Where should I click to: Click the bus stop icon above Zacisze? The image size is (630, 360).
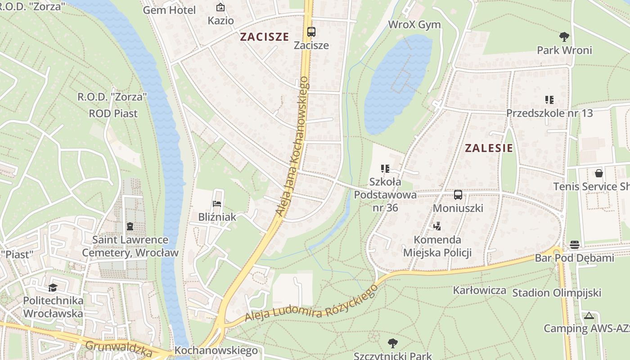coord(311,32)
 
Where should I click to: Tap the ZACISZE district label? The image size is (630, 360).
coord(264,37)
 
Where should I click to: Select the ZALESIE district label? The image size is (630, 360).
coord(489,148)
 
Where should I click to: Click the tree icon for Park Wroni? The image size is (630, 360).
coord(564,36)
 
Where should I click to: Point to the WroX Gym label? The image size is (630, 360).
coord(414,25)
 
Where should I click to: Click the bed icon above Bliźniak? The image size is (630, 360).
coord(217,204)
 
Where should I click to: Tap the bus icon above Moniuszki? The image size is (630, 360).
coord(458,195)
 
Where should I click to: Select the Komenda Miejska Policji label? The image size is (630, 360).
coord(437,246)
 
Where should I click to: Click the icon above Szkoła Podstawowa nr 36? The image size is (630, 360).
coord(385,169)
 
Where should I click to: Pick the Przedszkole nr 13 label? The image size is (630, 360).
coord(549,113)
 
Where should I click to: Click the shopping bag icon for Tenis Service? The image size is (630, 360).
coord(598,173)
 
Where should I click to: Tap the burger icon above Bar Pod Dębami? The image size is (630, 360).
coord(574,245)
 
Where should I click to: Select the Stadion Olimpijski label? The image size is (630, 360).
coord(557,293)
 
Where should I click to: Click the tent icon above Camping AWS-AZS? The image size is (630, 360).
coord(589,315)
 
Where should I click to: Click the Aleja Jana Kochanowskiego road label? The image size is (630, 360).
coord(293,146)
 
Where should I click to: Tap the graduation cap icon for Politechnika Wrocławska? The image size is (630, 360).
coord(53,288)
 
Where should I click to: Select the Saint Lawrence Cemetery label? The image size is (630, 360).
coord(130,246)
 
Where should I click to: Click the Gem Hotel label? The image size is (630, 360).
coord(169,10)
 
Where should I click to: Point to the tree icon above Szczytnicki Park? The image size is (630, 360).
coord(392,343)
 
